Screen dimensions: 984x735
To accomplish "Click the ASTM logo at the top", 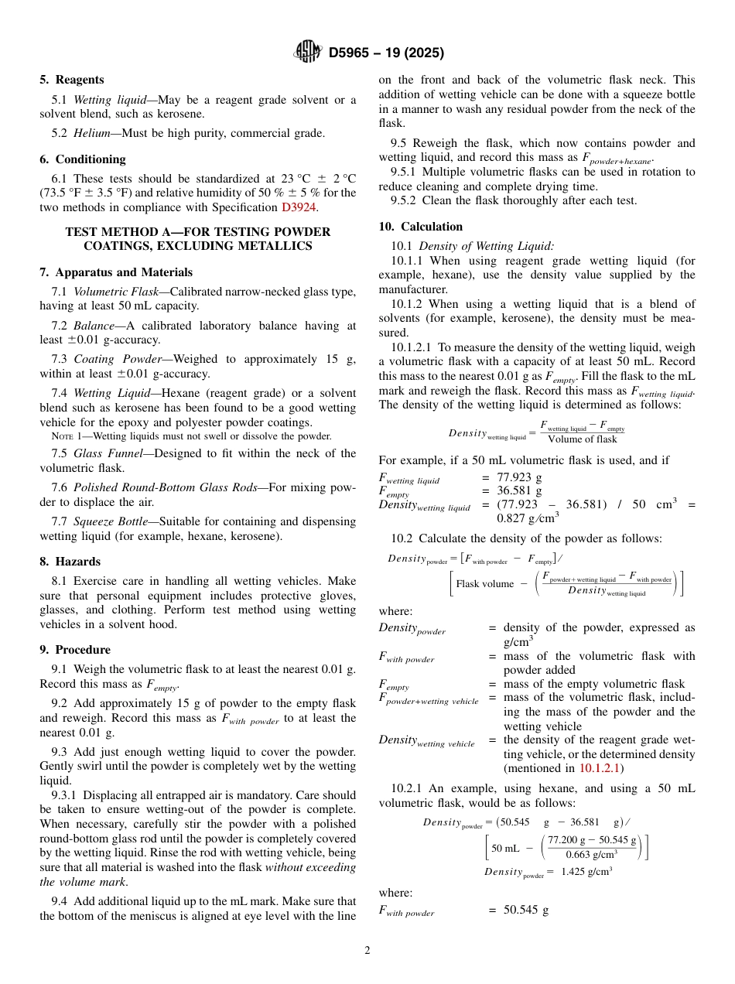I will (309, 53).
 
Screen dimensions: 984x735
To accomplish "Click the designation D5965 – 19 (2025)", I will (386, 53).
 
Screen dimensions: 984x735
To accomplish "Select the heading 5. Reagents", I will (71, 80).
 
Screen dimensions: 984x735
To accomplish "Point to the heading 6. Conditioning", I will (82, 159).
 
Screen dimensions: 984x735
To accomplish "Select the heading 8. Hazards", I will (70, 562).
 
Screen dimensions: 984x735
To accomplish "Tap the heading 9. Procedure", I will (75, 650).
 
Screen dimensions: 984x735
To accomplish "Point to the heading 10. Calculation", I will (420, 227).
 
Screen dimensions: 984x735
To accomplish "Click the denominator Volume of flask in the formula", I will (582, 439).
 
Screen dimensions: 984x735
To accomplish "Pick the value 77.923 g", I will (519, 478).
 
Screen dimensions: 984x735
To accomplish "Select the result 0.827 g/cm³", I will (535, 519).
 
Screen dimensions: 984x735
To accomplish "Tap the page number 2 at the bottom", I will (367, 951).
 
